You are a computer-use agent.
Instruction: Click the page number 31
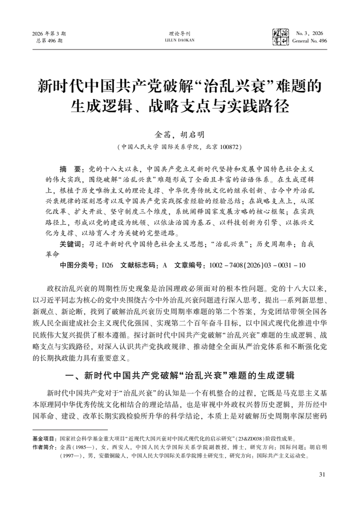coord(322,474)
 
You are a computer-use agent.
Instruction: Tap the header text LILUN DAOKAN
coord(180,40)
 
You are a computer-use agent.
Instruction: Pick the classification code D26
coord(107,265)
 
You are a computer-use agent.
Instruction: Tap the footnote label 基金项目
coord(44,437)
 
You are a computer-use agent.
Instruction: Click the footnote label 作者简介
coord(44,446)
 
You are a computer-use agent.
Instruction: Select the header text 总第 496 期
coord(49,40)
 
